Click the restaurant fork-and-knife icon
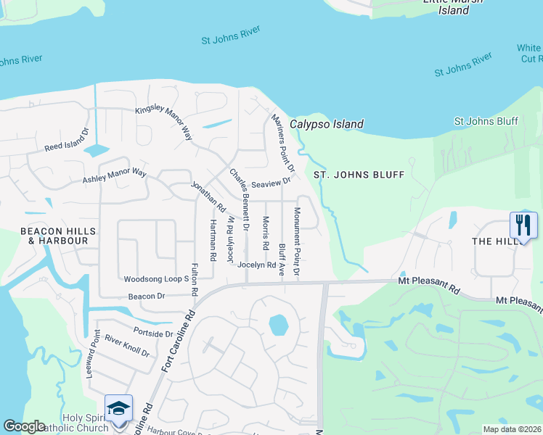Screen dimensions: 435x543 point(523,224)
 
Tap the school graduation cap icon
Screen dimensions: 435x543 point(118,407)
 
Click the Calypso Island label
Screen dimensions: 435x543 point(327,125)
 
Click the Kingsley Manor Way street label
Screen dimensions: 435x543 point(163,123)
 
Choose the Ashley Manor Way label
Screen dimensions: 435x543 point(115,175)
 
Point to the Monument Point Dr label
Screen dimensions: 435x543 point(296,241)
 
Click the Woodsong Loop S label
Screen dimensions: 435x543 point(156,278)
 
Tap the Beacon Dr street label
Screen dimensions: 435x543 point(147,296)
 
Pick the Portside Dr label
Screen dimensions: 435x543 point(154,333)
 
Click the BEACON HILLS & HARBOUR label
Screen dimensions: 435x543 point(48,236)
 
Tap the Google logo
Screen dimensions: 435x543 point(24,426)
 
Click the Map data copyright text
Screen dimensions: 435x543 point(511,429)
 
